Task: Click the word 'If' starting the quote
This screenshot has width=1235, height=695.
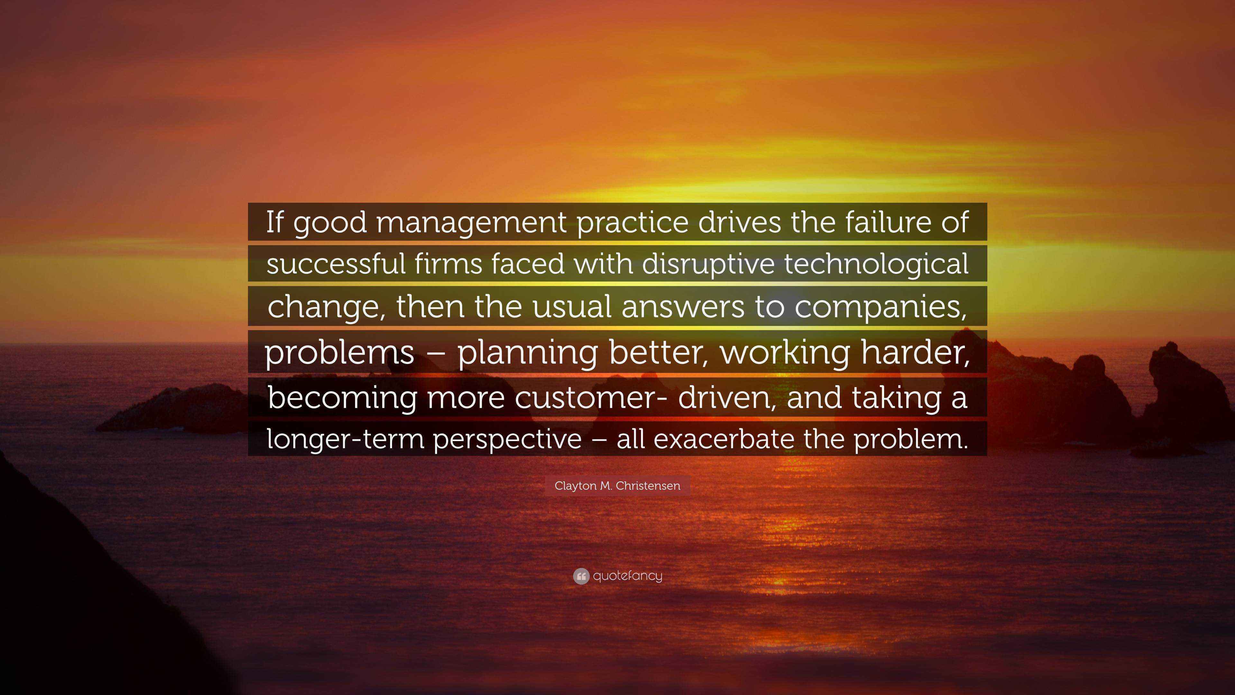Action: tap(275, 223)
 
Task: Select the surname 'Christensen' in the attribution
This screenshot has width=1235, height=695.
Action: tap(648, 486)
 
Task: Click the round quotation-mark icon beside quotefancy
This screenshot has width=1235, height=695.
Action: tap(581, 576)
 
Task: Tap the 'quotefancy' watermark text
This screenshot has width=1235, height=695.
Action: tap(627, 576)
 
